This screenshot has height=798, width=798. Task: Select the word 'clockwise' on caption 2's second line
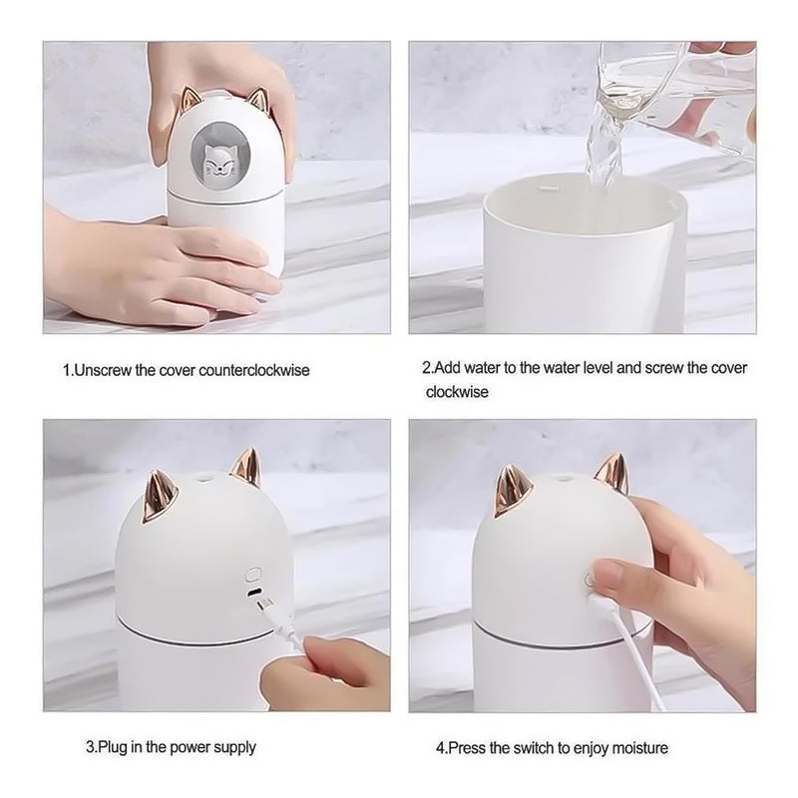(x=457, y=392)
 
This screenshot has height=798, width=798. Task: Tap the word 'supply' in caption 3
(x=235, y=746)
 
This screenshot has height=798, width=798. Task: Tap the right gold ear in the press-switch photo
(x=610, y=471)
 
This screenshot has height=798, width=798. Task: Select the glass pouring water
(x=688, y=80)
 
